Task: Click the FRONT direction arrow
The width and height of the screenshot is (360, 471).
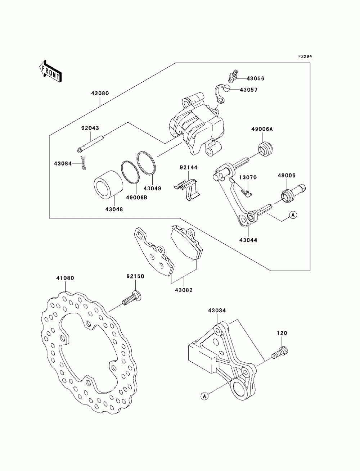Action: [50, 72]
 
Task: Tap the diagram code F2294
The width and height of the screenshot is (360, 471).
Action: [305, 56]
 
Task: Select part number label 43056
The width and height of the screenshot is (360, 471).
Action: [255, 78]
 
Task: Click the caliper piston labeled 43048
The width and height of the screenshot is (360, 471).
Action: [108, 185]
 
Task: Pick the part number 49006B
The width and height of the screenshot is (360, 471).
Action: [136, 198]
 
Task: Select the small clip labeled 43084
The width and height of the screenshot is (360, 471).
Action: [83, 163]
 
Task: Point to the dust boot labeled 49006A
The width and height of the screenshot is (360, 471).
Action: [265, 149]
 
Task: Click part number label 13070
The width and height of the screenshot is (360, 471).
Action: [248, 177]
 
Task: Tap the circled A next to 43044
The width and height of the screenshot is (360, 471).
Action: [293, 214]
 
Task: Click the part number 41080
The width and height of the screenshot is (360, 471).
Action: [65, 278]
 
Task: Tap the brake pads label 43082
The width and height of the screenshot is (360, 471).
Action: [184, 290]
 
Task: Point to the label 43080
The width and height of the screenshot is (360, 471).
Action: [100, 93]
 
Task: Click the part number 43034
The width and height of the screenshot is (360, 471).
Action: [217, 310]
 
